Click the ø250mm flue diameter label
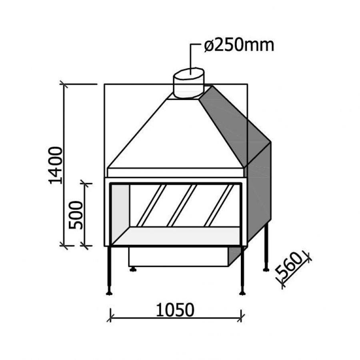239,45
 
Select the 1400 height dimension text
56,165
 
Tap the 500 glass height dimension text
76,215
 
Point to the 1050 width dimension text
175,310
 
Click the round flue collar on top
188,83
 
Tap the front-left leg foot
109,293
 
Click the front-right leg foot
242,293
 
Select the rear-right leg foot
266,270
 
